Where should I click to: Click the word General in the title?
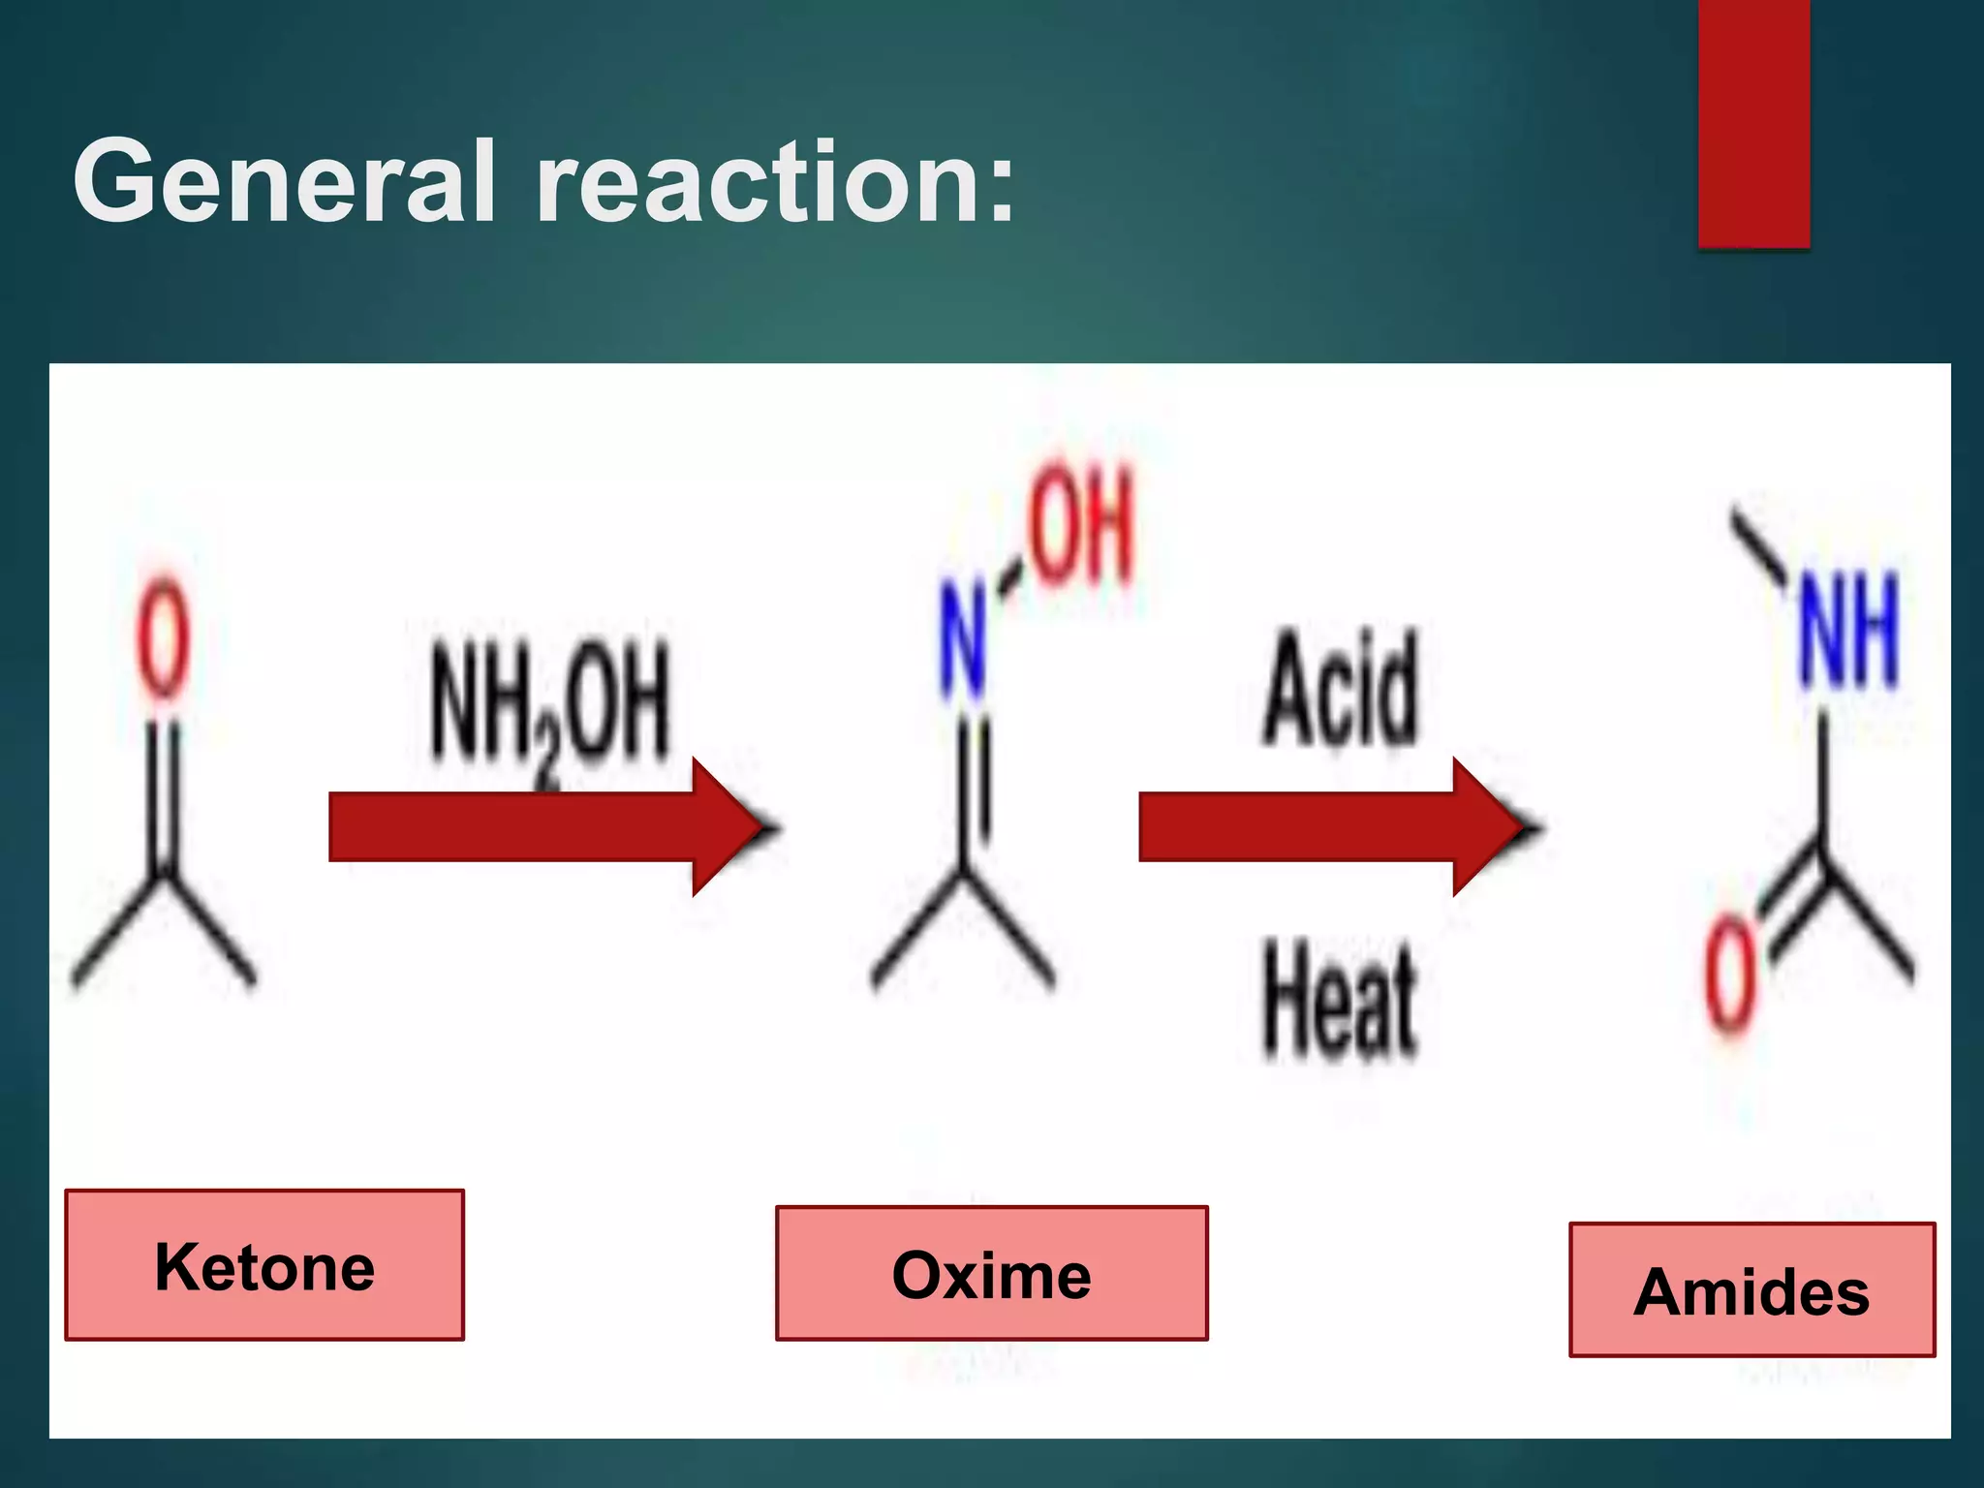[285, 181]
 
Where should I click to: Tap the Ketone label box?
[264, 1265]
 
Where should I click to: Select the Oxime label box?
[991, 1273]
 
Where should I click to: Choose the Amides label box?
[1751, 1289]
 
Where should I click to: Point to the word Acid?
[1341, 688]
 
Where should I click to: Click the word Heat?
[1341, 1000]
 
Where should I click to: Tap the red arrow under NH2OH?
[542, 826]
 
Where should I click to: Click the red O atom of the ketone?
[162, 636]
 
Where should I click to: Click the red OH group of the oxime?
[1081, 524]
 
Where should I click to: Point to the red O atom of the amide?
[1730, 976]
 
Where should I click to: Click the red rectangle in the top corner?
[1753, 123]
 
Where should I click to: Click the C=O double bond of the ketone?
[162, 794]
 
